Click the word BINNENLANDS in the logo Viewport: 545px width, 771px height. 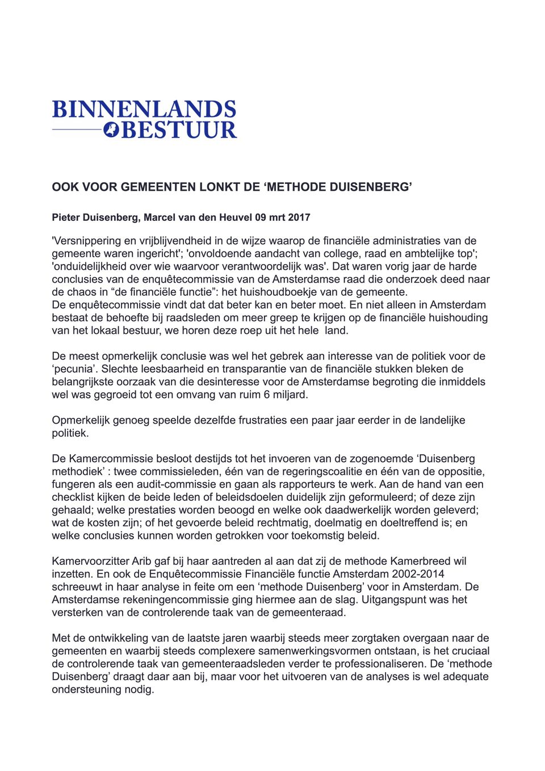tap(144, 110)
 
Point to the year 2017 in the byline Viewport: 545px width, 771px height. tap(299, 217)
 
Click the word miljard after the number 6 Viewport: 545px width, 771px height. tap(290, 395)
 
